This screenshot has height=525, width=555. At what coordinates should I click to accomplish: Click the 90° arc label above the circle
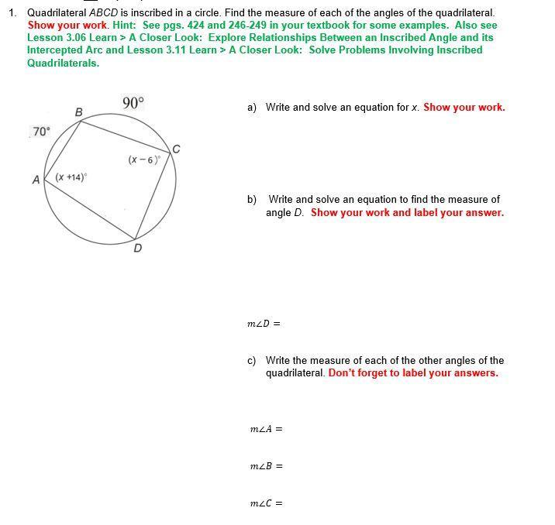[x=133, y=102]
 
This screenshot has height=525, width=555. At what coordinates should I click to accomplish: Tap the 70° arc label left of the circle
[x=41, y=132]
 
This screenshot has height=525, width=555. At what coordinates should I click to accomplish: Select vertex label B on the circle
[x=78, y=113]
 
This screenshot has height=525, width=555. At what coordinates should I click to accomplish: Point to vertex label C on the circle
[x=176, y=149]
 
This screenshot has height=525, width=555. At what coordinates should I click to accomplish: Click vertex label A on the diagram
[x=36, y=180]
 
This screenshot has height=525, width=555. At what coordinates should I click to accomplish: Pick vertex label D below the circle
[x=138, y=248]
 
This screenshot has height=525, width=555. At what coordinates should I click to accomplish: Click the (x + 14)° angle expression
[x=71, y=177]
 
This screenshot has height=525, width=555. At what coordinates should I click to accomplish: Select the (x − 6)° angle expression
[x=145, y=160]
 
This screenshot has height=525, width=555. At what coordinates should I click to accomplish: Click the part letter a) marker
[x=252, y=108]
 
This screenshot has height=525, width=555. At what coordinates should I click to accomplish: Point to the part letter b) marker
[x=252, y=200]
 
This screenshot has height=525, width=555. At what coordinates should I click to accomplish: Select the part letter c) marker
[x=252, y=361]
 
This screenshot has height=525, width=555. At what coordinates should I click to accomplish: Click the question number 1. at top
[x=13, y=13]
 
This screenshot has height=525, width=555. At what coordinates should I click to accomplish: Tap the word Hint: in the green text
[x=125, y=26]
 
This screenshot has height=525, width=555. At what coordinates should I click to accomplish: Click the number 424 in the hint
[x=197, y=26]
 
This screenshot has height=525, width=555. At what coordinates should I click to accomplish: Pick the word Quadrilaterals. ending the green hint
[x=63, y=63]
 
